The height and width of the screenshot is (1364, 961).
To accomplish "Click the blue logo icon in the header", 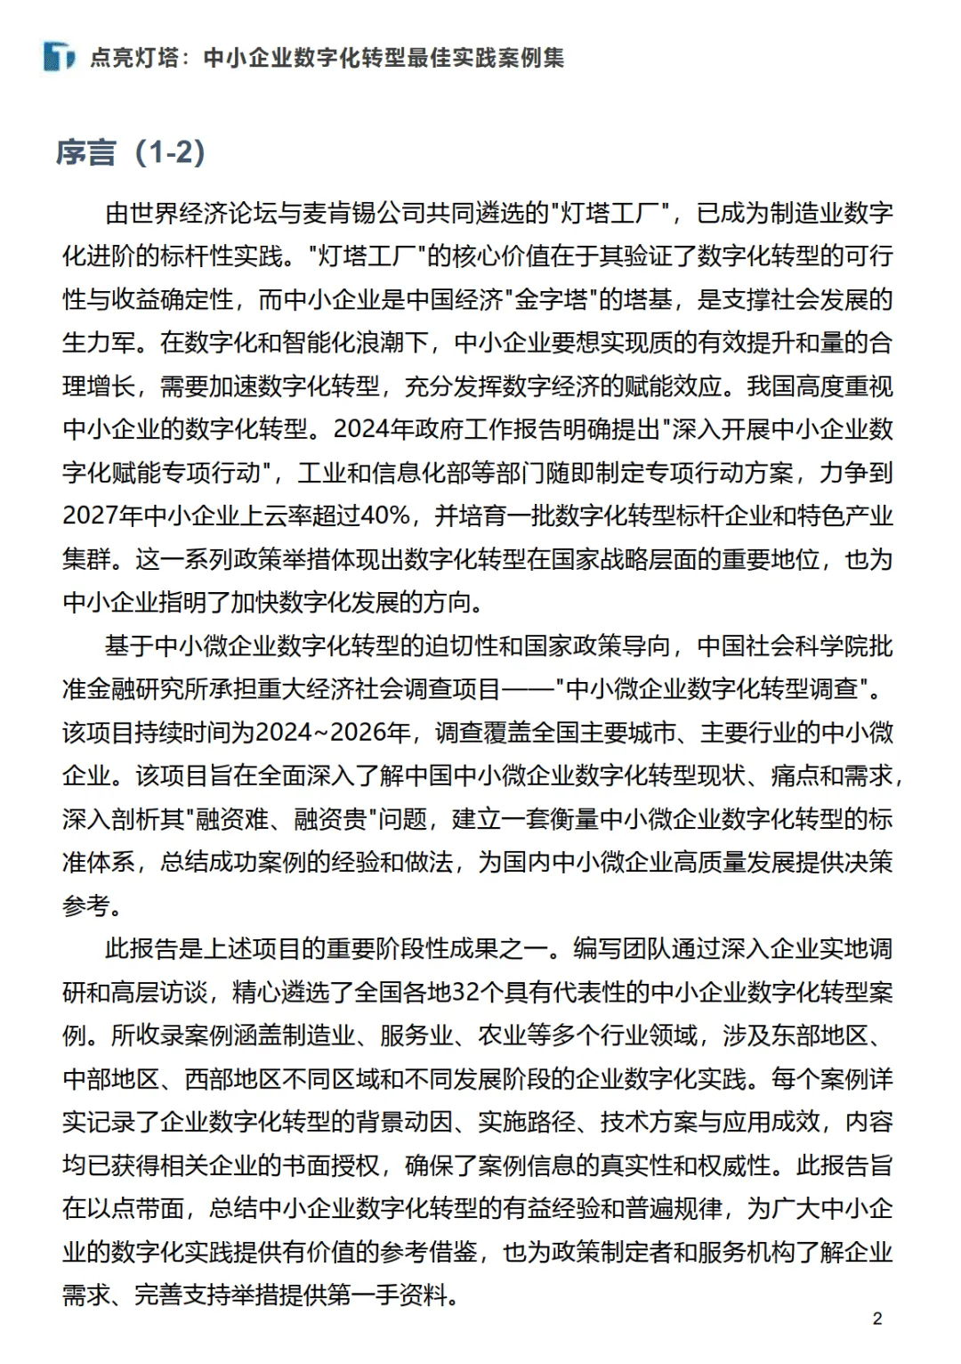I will click(x=59, y=57).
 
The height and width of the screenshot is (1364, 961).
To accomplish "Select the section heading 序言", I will click(x=85, y=153).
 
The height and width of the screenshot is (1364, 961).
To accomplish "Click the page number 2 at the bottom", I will click(x=877, y=1319).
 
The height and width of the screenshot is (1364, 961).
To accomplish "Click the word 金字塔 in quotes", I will click(x=551, y=299).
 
